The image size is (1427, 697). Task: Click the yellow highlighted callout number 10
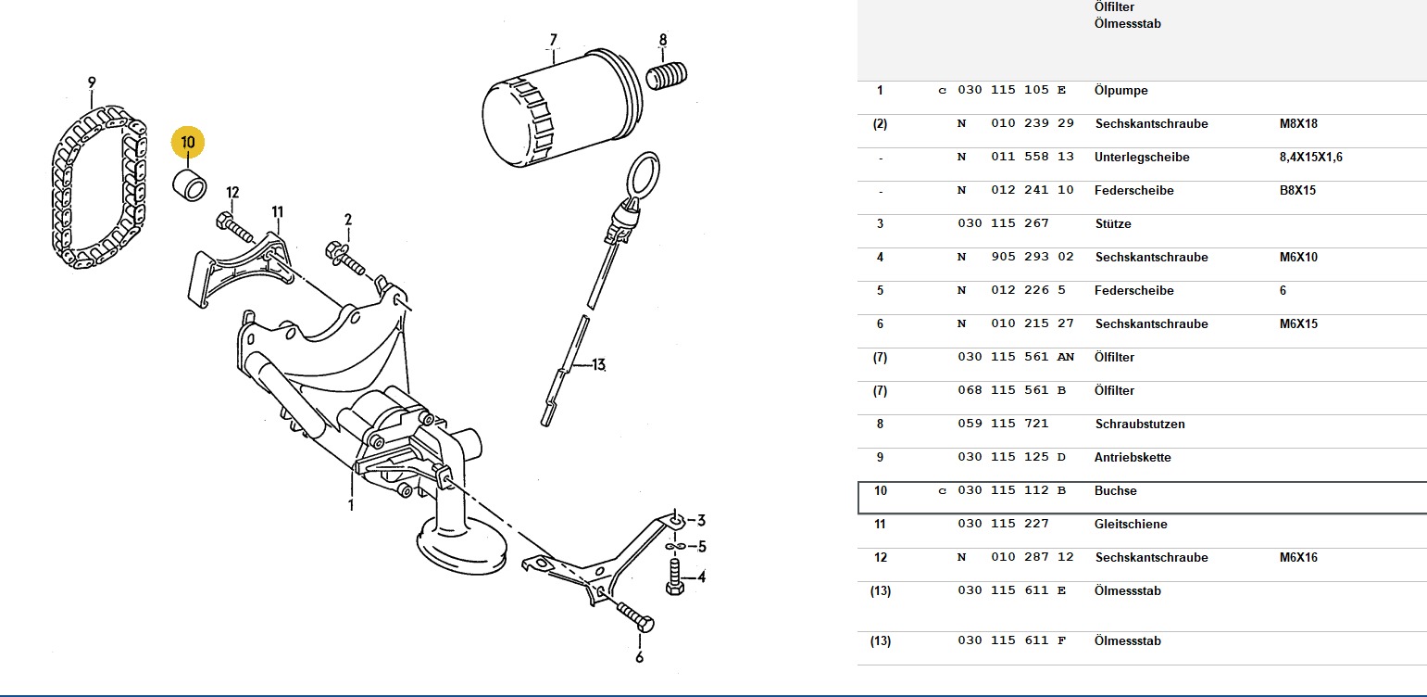tap(187, 142)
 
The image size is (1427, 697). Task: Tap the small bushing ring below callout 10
tap(189, 185)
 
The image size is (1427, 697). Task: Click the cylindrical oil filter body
tap(560, 108)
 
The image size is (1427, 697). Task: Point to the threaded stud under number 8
tap(667, 76)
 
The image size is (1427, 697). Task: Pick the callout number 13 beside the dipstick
tap(598, 365)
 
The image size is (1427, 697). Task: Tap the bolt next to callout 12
tap(235, 228)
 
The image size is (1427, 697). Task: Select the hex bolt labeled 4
tap(675, 577)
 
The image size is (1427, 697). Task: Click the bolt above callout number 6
tap(635, 616)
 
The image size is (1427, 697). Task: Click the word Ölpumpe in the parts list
tap(1120, 91)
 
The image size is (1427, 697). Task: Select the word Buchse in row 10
tap(1115, 490)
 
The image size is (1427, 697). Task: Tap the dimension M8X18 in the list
tap(1298, 123)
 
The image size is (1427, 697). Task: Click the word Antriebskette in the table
tap(1132, 457)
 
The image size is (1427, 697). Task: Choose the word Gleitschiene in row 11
tap(1131, 525)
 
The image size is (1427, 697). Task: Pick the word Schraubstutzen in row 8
tap(1140, 425)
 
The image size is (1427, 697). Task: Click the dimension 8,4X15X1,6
tap(1310, 157)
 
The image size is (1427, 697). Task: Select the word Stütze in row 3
tap(1113, 223)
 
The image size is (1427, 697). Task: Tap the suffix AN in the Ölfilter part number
tap(1065, 357)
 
